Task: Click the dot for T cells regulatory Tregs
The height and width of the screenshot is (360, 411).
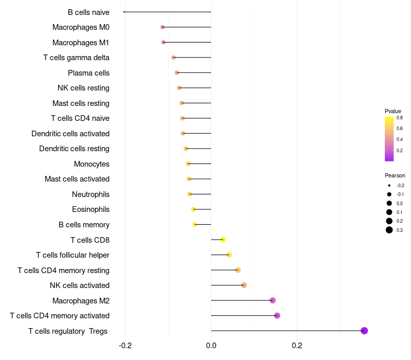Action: pos(364,331)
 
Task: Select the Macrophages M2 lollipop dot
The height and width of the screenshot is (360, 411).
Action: pos(273,300)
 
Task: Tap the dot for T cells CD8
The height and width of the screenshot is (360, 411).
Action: pos(223,240)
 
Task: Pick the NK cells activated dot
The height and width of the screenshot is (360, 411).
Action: pos(244,285)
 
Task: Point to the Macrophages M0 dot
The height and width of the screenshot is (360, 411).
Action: pos(163,27)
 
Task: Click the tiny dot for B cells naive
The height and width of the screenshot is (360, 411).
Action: pos(124,12)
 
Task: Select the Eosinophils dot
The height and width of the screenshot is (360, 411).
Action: pos(193,209)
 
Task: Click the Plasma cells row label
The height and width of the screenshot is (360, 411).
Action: pos(88,73)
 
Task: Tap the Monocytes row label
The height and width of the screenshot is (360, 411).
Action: pos(91,164)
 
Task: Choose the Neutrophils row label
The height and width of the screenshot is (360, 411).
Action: pos(90,194)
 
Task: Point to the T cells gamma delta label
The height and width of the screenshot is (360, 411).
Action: pos(76,58)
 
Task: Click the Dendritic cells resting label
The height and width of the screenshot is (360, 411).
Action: pos(74,149)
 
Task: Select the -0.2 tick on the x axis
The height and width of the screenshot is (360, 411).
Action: pos(125,346)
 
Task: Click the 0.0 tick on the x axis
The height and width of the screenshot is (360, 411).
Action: pos(211,346)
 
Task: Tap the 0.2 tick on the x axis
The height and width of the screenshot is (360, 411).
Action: pos(297,346)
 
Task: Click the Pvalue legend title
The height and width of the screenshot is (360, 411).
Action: pos(393,111)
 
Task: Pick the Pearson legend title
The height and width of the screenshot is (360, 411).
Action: pos(395,175)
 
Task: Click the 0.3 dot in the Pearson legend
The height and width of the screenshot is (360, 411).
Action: pos(389,230)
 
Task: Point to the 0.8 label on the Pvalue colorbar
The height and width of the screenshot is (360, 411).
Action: pos(400,118)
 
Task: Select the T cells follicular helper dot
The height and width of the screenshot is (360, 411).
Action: pos(229,255)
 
